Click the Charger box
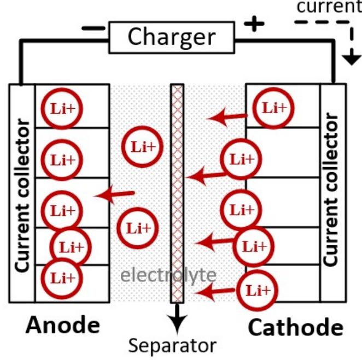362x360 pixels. click(171, 37)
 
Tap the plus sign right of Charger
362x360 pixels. click(256, 24)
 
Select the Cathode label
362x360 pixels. click(295, 328)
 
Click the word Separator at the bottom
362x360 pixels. click(173, 346)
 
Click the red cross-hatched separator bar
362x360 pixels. click(177, 191)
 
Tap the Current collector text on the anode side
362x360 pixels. click(22, 194)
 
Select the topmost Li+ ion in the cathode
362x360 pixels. click(274, 108)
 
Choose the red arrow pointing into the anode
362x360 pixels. click(115, 194)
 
